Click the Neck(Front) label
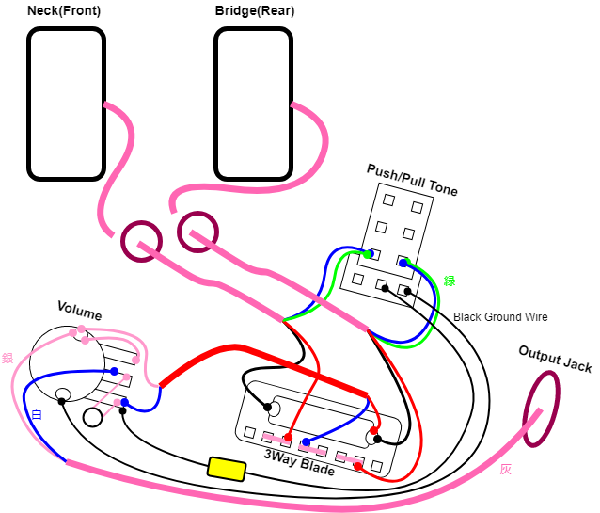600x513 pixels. (64, 10)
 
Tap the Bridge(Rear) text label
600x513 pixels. (255, 10)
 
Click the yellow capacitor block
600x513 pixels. (227, 469)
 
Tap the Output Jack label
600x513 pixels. (555, 359)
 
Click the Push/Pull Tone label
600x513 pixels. (412, 180)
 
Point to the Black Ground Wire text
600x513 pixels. (500, 317)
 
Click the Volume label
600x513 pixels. (80, 311)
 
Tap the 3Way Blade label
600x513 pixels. (299, 461)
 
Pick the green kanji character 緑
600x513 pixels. (450, 281)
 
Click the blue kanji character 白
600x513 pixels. (37, 414)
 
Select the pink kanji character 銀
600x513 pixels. (8, 359)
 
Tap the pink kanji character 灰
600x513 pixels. (505, 470)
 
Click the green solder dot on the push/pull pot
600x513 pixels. (368, 254)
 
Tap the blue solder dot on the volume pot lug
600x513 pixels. (114, 371)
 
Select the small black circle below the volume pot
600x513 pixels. (92, 417)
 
